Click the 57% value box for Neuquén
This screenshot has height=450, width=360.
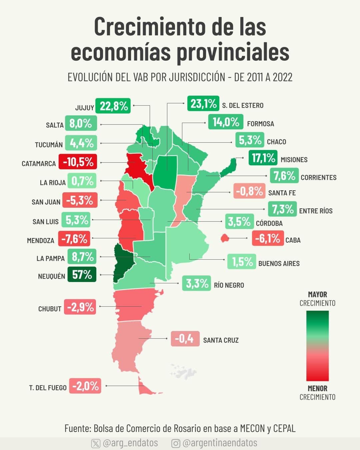82,274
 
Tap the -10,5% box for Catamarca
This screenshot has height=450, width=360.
78,162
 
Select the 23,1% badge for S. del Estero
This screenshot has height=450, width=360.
203,104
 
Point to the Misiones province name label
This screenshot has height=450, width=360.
294,160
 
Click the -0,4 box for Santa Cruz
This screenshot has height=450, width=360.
185,339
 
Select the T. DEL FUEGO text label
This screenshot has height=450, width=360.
48,388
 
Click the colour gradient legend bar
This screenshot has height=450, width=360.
317,346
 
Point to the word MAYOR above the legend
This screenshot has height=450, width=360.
317,295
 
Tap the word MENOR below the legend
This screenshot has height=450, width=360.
317,388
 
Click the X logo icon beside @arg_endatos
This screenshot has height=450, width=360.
96,443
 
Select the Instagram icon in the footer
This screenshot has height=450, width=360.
176,443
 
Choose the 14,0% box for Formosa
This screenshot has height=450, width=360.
226,122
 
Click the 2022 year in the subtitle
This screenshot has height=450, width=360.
282,77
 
